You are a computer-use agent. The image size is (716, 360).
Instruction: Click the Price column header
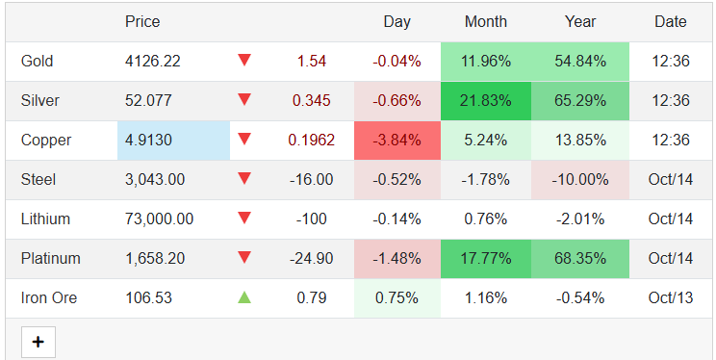click(142, 21)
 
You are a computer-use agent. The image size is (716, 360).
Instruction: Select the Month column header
click(486, 21)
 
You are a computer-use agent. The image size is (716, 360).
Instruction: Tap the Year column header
click(580, 21)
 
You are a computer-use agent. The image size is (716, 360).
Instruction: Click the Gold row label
click(37, 62)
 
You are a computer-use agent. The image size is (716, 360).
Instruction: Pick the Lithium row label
click(45, 219)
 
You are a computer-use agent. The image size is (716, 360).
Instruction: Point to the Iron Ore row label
click(48, 298)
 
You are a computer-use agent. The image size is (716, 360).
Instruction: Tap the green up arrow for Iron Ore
click(243, 298)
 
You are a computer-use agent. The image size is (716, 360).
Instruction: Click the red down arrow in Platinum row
click(243, 258)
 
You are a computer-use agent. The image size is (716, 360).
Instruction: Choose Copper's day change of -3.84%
click(396, 141)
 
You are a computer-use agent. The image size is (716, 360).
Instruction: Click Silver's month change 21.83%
click(485, 101)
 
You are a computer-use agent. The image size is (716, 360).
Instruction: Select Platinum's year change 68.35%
click(580, 259)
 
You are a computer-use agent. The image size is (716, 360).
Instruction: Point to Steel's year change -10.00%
click(580, 180)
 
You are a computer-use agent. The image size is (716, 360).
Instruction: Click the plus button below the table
click(38, 342)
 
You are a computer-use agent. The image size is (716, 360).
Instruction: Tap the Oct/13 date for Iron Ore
click(671, 298)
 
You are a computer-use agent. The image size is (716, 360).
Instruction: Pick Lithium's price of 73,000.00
click(159, 219)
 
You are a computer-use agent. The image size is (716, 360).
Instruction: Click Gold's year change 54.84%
click(580, 62)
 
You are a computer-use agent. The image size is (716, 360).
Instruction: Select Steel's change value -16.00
click(312, 180)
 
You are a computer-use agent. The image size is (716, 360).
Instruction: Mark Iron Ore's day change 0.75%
click(396, 298)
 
